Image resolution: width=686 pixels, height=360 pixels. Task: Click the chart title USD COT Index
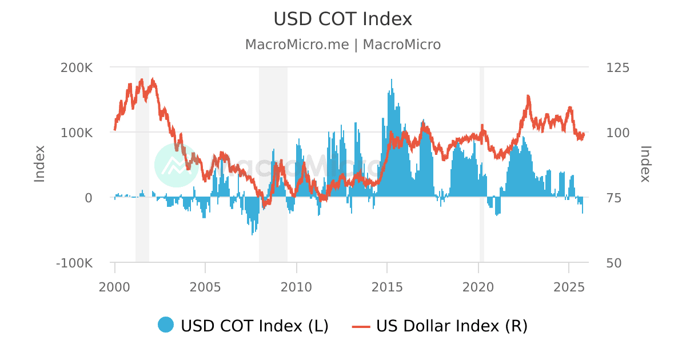pos(342,19)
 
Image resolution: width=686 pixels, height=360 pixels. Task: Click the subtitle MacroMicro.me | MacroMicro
pos(342,45)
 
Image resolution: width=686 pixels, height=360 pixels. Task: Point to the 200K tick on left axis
pos(77,67)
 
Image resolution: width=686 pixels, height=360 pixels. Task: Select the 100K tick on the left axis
pos(77,133)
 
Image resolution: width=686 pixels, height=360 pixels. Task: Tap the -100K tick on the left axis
pos(74,263)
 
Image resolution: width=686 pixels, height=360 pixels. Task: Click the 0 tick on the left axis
pos(89,198)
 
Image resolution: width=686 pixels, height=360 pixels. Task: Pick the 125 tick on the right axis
pos(617,67)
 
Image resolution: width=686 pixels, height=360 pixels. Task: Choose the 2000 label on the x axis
pos(115,286)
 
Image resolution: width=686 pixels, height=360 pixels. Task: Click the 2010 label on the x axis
pos(297,286)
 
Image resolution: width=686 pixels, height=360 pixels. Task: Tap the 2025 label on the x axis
pos(569,286)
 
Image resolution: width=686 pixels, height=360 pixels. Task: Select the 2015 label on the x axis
pos(387,286)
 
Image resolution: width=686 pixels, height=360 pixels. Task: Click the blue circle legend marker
pos(166,325)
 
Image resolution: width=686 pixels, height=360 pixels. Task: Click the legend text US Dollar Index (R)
pos(452,326)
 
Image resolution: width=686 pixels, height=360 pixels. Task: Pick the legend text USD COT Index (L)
pos(254,326)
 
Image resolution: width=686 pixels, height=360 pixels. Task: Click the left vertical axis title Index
pos(39,164)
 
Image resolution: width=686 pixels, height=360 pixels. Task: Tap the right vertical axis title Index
pos(645,164)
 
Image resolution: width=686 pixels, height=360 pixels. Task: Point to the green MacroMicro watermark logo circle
pos(176,165)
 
